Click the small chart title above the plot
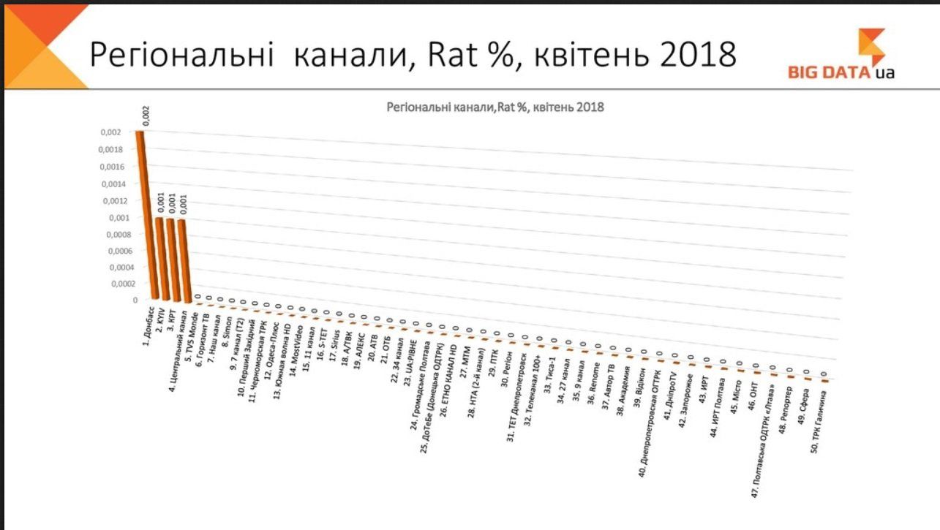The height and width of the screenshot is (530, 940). point(495,107)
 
